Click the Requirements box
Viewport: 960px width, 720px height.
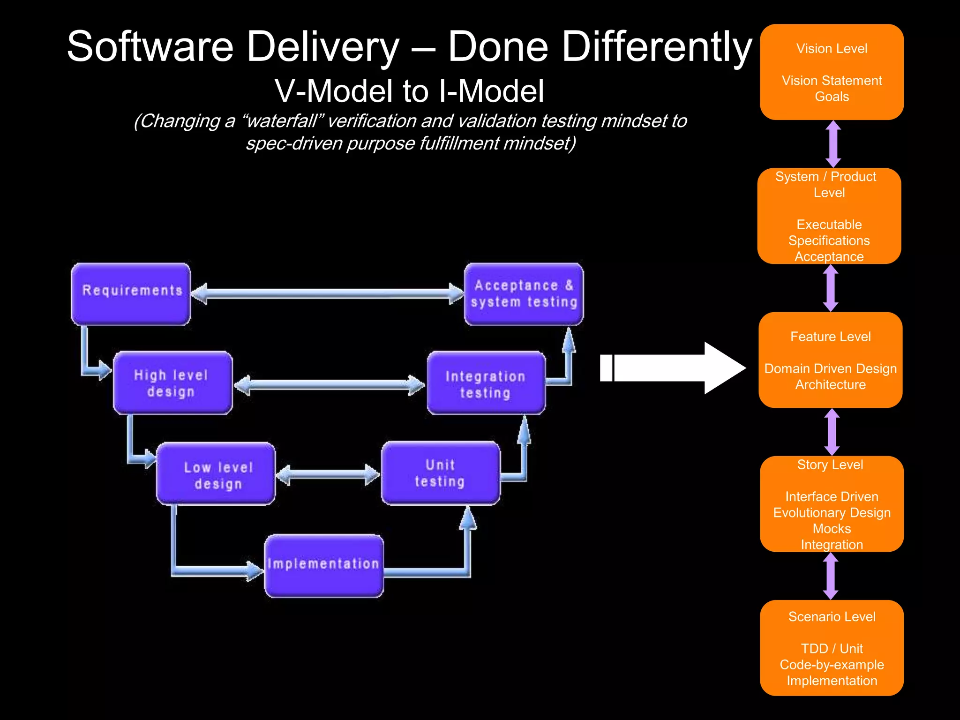click(x=131, y=294)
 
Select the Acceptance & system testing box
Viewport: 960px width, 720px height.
click(x=524, y=294)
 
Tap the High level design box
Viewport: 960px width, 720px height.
click(x=172, y=382)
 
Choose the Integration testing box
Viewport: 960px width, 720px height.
click(x=486, y=383)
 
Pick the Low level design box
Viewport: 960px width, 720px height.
click(x=216, y=473)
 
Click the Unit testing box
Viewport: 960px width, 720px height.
click(x=440, y=473)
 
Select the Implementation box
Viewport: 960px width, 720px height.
click(x=324, y=566)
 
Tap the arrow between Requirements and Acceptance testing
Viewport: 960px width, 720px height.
click(x=327, y=294)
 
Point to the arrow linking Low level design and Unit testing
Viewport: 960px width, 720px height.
click(x=328, y=474)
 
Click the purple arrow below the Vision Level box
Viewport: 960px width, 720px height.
click(x=833, y=144)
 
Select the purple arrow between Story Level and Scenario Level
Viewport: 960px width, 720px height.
click(x=831, y=576)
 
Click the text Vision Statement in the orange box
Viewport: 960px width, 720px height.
click(x=832, y=81)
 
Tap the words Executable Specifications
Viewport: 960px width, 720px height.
click(x=829, y=232)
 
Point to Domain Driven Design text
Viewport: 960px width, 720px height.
click(x=830, y=369)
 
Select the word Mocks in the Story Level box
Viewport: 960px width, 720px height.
click(x=832, y=529)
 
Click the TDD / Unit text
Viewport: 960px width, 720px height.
click(x=832, y=649)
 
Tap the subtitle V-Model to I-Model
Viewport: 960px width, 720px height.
click(x=409, y=91)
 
